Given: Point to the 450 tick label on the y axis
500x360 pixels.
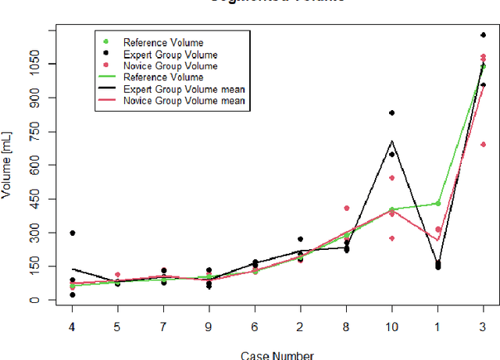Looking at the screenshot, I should pos(37,199).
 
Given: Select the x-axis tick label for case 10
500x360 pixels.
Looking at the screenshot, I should pos(392,327).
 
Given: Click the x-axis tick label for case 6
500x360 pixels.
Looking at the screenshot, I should pos(254,327).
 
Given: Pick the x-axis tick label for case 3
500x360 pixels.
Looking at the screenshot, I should pos(483,327).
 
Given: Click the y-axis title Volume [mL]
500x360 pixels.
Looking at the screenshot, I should pos(8,166).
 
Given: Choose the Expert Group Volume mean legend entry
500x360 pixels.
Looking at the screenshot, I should pos(184,89).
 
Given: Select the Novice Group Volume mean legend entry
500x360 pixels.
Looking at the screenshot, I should pos(184,101).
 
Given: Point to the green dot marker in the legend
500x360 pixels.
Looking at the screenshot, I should pos(105,42).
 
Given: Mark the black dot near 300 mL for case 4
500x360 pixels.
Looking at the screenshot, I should pos(73,233).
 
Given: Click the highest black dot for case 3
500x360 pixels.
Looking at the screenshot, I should pos(483,35).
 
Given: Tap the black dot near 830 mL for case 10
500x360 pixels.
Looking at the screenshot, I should pos(391,113).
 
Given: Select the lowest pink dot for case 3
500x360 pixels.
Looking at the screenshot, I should pos(483,144).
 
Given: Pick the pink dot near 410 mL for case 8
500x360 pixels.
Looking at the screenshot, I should pos(346,209).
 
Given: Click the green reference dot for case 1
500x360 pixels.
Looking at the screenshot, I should pos(437,203).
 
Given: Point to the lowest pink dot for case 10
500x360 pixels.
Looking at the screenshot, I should pos(391,238).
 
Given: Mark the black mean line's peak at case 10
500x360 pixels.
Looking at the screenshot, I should pos(391,141).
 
